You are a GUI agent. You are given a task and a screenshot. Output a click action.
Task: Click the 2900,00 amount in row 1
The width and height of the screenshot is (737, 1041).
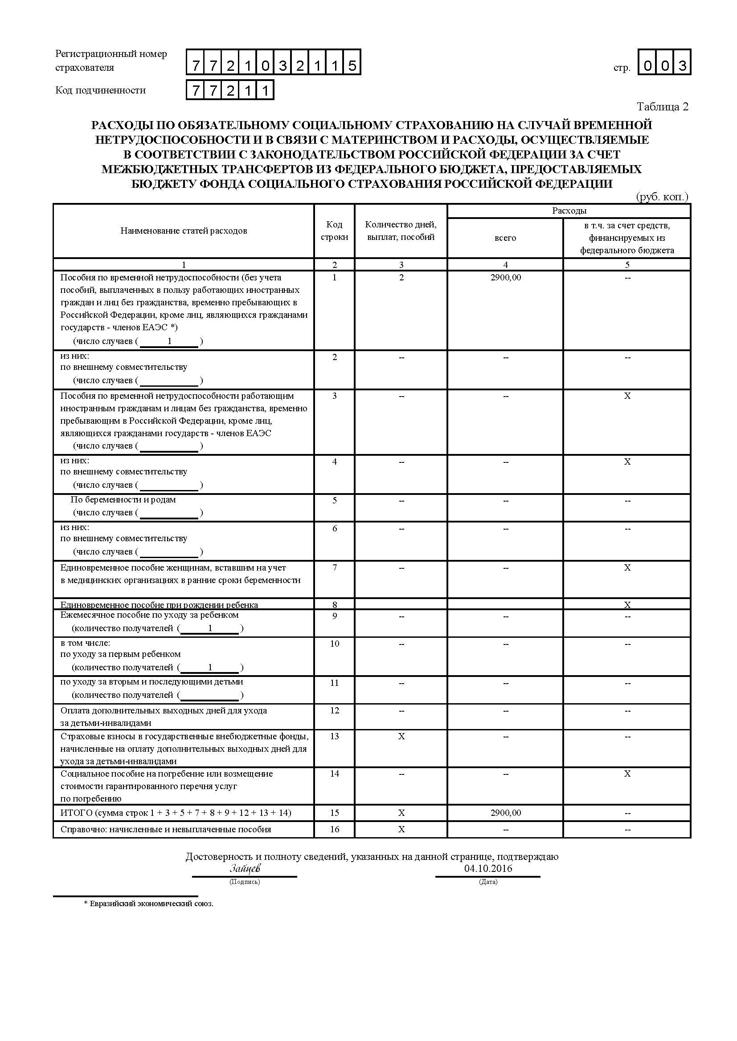pos(506,277)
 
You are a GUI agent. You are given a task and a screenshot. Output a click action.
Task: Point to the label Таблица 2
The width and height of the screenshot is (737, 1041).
pos(663,106)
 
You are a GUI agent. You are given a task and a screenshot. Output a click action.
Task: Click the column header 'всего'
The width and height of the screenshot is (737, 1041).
pos(506,238)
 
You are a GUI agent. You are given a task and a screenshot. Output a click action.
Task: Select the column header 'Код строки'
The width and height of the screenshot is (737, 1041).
pos(335,231)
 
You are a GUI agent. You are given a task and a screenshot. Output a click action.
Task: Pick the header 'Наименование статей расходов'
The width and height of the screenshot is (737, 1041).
pos(184,231)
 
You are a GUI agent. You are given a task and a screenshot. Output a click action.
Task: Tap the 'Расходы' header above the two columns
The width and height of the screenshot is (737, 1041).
pos(569,211)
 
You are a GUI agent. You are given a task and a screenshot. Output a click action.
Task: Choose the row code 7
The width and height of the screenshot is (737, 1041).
pos(335,567)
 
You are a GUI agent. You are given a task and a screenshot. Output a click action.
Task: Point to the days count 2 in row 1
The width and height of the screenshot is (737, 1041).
pos(401,277)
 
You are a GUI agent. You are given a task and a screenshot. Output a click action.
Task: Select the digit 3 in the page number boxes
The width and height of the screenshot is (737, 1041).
pos(682,66)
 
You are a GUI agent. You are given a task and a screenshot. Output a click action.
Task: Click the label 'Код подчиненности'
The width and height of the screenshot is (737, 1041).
pos(101,90)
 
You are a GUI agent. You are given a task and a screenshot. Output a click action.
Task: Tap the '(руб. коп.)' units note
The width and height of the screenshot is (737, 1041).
pos(662,197)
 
